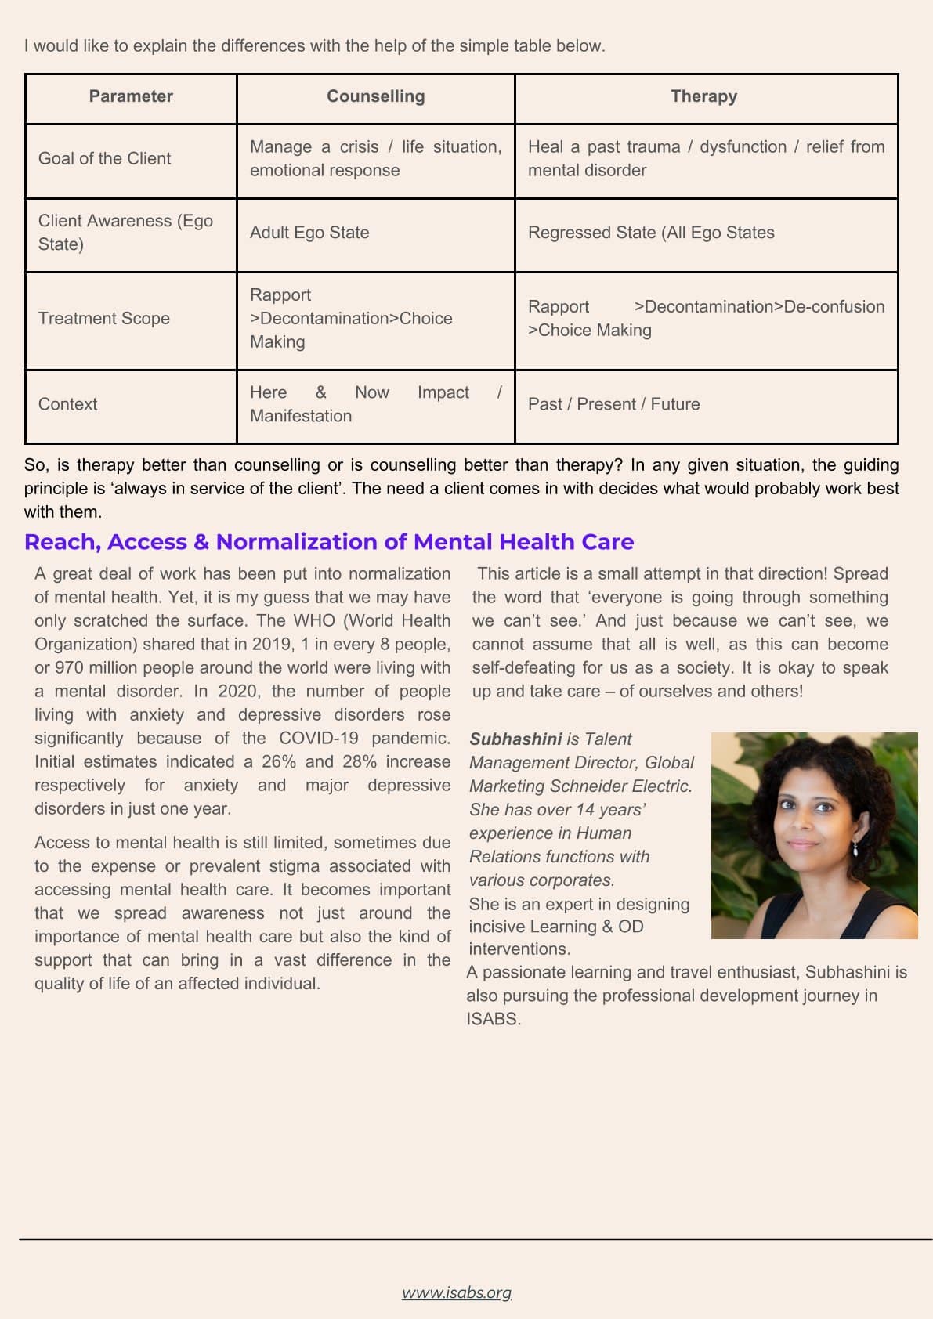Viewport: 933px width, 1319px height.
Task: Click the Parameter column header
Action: (x=131, y=96)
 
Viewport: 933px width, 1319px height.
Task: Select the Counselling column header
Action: (x=375, y=96)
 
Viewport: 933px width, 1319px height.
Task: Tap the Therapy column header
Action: (x=703, y=96)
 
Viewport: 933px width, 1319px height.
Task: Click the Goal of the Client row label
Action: (x=104, y=158)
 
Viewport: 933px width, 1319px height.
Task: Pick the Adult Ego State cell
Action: (x=309, y=233)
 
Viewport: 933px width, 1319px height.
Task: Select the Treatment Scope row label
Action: (x=104, y=318)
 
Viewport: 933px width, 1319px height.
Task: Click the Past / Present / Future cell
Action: (x=613, y=404)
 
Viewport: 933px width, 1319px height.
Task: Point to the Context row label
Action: (x=68, y=404)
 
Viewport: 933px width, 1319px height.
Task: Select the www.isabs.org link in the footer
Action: (x=457, y=1292)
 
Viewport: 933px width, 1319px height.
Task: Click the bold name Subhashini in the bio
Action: (x=515, y=739)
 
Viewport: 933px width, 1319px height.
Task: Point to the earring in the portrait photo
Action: (x=855, y=848)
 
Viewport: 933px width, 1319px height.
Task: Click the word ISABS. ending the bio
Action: (x=494, y=1019)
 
